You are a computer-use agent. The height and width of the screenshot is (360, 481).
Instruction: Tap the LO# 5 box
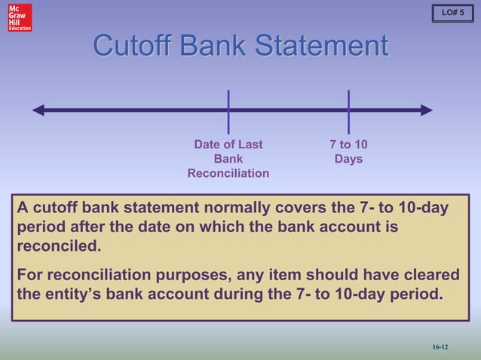click(452, 13)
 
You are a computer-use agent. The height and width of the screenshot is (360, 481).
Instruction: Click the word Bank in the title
click(217, 46)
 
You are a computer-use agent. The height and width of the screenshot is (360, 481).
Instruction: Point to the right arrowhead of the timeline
click(427, 111)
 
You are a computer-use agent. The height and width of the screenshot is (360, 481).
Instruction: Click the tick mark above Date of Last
click(228, 111)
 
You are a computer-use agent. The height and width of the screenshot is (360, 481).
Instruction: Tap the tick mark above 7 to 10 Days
click(348, 111)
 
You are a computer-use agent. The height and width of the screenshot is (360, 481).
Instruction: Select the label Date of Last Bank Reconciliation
click(228, 159)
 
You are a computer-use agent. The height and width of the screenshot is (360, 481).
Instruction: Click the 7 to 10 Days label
click(348, 151)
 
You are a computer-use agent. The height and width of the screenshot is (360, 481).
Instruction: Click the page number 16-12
click(440, 346)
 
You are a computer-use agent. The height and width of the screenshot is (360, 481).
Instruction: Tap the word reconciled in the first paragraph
click(57, 246)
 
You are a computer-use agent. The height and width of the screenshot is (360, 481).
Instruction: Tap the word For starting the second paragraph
click(30, 275)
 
